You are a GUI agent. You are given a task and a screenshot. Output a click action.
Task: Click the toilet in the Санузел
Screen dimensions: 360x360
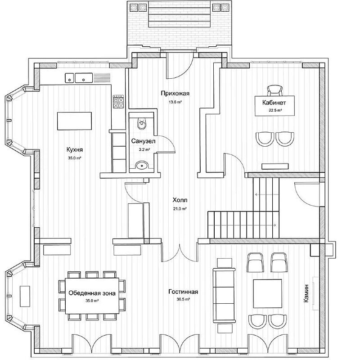(x=142, y=123)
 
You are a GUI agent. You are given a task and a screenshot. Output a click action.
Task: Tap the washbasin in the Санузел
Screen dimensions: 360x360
(x=142, y=165)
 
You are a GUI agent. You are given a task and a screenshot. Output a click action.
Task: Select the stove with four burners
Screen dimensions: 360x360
(x=118, y=102)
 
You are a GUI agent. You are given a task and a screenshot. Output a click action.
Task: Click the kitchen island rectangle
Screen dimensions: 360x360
(x=74, y=121)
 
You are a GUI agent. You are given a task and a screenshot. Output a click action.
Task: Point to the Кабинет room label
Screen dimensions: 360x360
(x=274, y=103)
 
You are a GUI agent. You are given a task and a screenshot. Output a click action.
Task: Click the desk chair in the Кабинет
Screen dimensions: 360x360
(x=274, y=90)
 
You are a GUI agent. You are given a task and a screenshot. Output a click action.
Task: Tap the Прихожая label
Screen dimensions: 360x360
(x=175, y=94)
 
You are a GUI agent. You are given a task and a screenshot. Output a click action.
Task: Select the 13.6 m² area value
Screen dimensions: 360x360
(x=175, y=102)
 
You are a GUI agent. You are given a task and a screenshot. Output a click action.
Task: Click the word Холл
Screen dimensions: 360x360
(x=180, y=200)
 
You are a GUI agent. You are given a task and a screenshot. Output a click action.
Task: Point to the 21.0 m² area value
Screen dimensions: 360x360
(x=180, y=209)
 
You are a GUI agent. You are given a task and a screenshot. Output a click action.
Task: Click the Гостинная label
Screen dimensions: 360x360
(x=183, y=292)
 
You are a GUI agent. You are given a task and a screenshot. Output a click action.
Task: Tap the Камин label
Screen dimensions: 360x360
(x=306, y=293)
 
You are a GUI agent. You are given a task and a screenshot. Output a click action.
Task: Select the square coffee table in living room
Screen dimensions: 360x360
(x=267, y=293)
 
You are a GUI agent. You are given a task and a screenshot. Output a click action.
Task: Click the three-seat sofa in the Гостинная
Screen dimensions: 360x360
(x=224, y=296)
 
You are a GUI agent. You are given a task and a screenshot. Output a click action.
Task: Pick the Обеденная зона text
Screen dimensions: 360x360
(x=92, y=293)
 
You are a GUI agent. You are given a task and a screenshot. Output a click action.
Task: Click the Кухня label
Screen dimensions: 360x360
(x=75, y=150)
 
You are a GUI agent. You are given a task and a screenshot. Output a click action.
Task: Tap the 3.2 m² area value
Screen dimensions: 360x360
(x=144, y=150)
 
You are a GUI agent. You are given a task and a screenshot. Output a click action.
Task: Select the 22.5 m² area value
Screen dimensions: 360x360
(x=275, y=110)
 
